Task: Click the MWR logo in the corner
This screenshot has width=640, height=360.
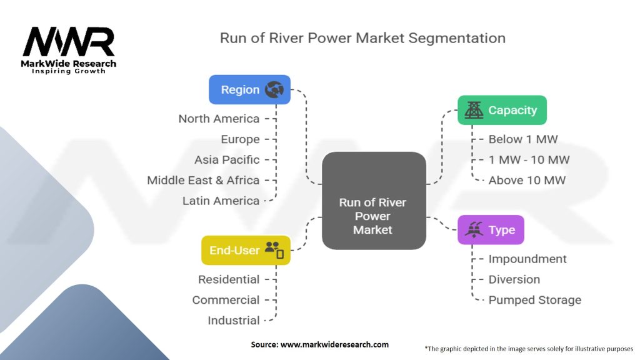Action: tap(69, 44)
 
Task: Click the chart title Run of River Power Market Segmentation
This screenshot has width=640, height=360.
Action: tap(362, 37)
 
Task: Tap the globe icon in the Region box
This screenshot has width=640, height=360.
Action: tap(274, 89)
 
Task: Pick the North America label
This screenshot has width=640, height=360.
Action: tap(219, 119)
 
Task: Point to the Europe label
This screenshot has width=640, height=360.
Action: tap(240, 139)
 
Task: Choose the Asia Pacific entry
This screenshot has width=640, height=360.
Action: tap(227, 159)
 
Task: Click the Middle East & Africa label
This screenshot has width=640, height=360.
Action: tap(203, 180)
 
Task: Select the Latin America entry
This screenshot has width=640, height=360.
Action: tap(221, 201)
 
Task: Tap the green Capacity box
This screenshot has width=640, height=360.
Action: tap(502, 110)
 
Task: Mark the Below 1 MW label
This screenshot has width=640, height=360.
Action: tap(522, 139)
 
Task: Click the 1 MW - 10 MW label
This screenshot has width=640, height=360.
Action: tap(529, 159)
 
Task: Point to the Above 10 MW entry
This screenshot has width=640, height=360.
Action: tap(527, 180)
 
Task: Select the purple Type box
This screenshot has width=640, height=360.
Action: tap(491, 230)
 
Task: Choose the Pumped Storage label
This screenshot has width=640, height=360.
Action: tap(534, 300)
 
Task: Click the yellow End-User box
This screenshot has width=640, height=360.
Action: tap(246, 250)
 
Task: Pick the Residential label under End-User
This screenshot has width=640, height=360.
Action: tap(229, 279)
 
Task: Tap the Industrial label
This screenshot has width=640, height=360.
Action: tap(234, 320)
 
